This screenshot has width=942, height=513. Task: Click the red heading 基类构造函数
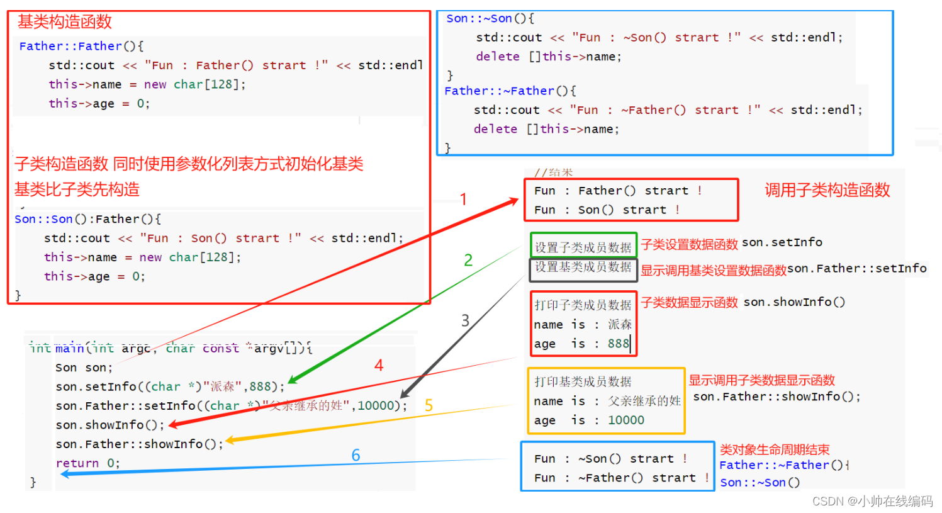click(64, 22)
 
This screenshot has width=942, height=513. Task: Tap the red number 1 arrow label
click(463, 200)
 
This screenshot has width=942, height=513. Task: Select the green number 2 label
click(468, 260)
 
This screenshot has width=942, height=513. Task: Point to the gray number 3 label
click(465, 320)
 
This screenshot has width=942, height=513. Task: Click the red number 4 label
click(379, 365)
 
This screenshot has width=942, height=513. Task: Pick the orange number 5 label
click(429, 405)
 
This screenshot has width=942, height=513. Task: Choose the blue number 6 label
click(356, 455)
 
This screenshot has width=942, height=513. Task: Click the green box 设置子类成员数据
click(583, 247)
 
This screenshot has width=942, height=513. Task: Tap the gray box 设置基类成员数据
click(583, 267)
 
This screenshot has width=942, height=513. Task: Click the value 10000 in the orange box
click(625, 420)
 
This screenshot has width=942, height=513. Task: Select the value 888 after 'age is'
click(618, 344)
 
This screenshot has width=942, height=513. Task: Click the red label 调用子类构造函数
click(827, 190)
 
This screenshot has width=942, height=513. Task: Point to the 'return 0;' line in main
click(87, 463)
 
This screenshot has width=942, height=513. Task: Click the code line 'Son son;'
click(84, 368)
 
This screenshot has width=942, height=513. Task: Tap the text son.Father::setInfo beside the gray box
click(856, 269)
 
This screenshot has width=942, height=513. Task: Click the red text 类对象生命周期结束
click(775, 449)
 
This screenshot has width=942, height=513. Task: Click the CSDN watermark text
click(872, 501)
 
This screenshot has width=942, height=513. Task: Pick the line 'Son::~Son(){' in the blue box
click(490, 19)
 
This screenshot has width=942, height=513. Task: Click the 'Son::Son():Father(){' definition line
click(87, 219)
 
